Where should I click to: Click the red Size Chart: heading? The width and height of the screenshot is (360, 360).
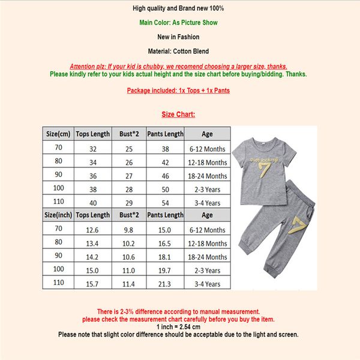(179, 114)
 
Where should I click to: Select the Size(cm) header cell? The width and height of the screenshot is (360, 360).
(58, 134)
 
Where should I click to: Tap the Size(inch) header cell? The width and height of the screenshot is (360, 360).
(58, 215)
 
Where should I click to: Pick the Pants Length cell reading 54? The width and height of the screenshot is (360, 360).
(165, 203)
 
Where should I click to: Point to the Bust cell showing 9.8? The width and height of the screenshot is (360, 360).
(129, 230)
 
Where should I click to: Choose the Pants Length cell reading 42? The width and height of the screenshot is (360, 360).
(165, 162)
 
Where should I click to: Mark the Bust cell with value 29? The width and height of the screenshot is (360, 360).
(129, 203)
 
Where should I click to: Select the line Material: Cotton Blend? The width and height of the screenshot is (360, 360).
(179, 52)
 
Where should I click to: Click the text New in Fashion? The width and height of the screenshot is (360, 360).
(179, 37)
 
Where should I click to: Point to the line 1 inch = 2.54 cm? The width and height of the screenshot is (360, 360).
(179, 327)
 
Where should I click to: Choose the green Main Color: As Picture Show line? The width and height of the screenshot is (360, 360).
(179, 23)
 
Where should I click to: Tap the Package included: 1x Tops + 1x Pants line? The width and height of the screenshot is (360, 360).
(179, 91)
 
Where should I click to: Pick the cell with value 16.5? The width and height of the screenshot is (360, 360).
(165, 243)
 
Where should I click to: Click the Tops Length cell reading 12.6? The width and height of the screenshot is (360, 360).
(92, 230)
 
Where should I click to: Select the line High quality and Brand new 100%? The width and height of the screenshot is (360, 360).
(179, 8)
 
